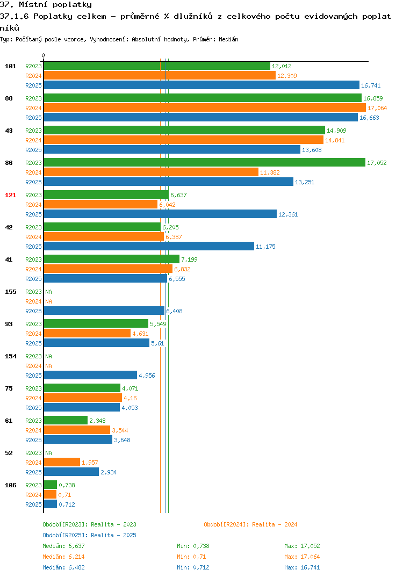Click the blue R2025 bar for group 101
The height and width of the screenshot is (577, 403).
pos(201,85)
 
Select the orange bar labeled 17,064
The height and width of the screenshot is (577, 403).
pos(205,107)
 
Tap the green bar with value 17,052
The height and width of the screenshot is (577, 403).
pos(205,162)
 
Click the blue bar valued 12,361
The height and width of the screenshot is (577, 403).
pos(160,214)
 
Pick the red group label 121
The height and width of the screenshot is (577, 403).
pos(11,195)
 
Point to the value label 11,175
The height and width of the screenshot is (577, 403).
pos(266,247)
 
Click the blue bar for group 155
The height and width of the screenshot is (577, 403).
pos(104,311)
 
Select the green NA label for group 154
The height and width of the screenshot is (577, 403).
pos(48,356)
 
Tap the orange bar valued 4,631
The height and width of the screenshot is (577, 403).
pos(87,333)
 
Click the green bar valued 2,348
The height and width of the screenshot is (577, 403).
pos(66,420)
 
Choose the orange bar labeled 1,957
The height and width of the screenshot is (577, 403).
pos(62,462)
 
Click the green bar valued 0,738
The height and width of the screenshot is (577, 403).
pos(51,485)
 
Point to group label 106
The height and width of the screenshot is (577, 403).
pos(11,485)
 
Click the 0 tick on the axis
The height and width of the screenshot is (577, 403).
pos(44,55)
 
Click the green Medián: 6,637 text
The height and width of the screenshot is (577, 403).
pos(63,546)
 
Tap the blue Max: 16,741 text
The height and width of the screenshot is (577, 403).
pos(302,567)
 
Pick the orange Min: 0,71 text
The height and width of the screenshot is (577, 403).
pos(191,557)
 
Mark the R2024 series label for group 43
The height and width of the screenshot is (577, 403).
pos(33,140)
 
